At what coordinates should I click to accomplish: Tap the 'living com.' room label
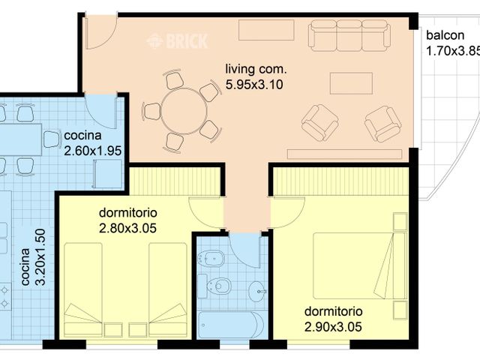click(x=256, y=70)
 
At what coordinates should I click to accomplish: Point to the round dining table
click(x=181, y=111)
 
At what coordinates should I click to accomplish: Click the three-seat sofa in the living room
click(x=349, y=34)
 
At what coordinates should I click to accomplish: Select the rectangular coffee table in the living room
click(x=350, y=82)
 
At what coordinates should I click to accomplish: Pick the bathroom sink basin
click(x=257, y=291)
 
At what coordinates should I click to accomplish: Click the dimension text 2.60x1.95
click(x=93, y=148)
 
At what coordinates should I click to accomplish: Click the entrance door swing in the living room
click(x=97, y=31)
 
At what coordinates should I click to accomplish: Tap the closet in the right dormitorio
click(x=340, y=181)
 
